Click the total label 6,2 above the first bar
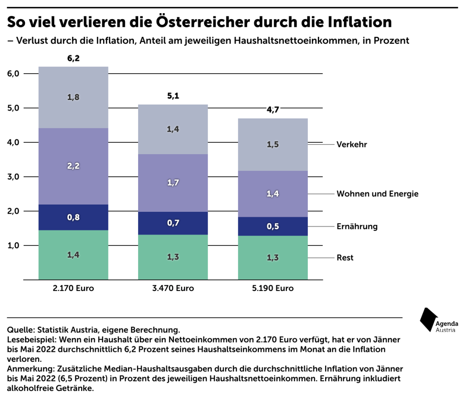click(73, 59)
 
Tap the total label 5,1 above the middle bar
click(173, 96)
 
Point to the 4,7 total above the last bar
click(272, 110)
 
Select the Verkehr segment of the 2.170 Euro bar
click(73, 97)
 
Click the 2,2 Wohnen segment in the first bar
click(73, 166)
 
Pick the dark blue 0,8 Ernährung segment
click(73, 217)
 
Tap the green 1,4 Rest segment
click(73, 255)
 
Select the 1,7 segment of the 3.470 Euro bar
click(173, 183)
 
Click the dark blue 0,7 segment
click(173, 223)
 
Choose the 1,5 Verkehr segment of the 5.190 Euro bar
click(272, 145)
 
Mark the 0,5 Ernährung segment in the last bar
click(272, 226)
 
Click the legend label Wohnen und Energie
click(377, 194)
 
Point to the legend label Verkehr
click(351, 145)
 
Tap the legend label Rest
click(345, 258)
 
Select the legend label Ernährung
click(357, 226)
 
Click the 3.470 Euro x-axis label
click(173, 288)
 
